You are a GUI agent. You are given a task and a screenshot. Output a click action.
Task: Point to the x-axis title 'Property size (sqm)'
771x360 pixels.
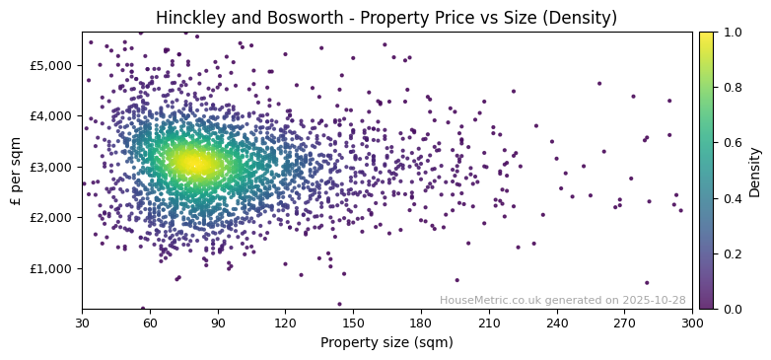(387, 342)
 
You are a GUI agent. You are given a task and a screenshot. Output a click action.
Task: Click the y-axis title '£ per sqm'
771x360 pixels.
(16, 171)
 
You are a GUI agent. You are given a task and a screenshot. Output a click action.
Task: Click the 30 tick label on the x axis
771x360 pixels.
(82, 323)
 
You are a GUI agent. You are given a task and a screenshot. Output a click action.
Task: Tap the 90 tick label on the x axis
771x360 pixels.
(218, 323)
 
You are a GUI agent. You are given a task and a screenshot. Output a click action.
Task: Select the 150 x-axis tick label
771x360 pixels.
(353, 323)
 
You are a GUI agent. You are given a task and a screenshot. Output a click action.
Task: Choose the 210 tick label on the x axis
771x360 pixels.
(489, 323)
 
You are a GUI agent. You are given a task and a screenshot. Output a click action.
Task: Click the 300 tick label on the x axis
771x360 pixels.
(692, 323)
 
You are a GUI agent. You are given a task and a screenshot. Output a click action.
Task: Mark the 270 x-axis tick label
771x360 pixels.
(624, 323)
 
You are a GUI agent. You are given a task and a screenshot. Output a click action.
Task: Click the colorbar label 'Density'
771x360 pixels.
(754, 171)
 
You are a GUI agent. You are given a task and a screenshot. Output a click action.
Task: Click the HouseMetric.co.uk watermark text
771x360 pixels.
(562, 300)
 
